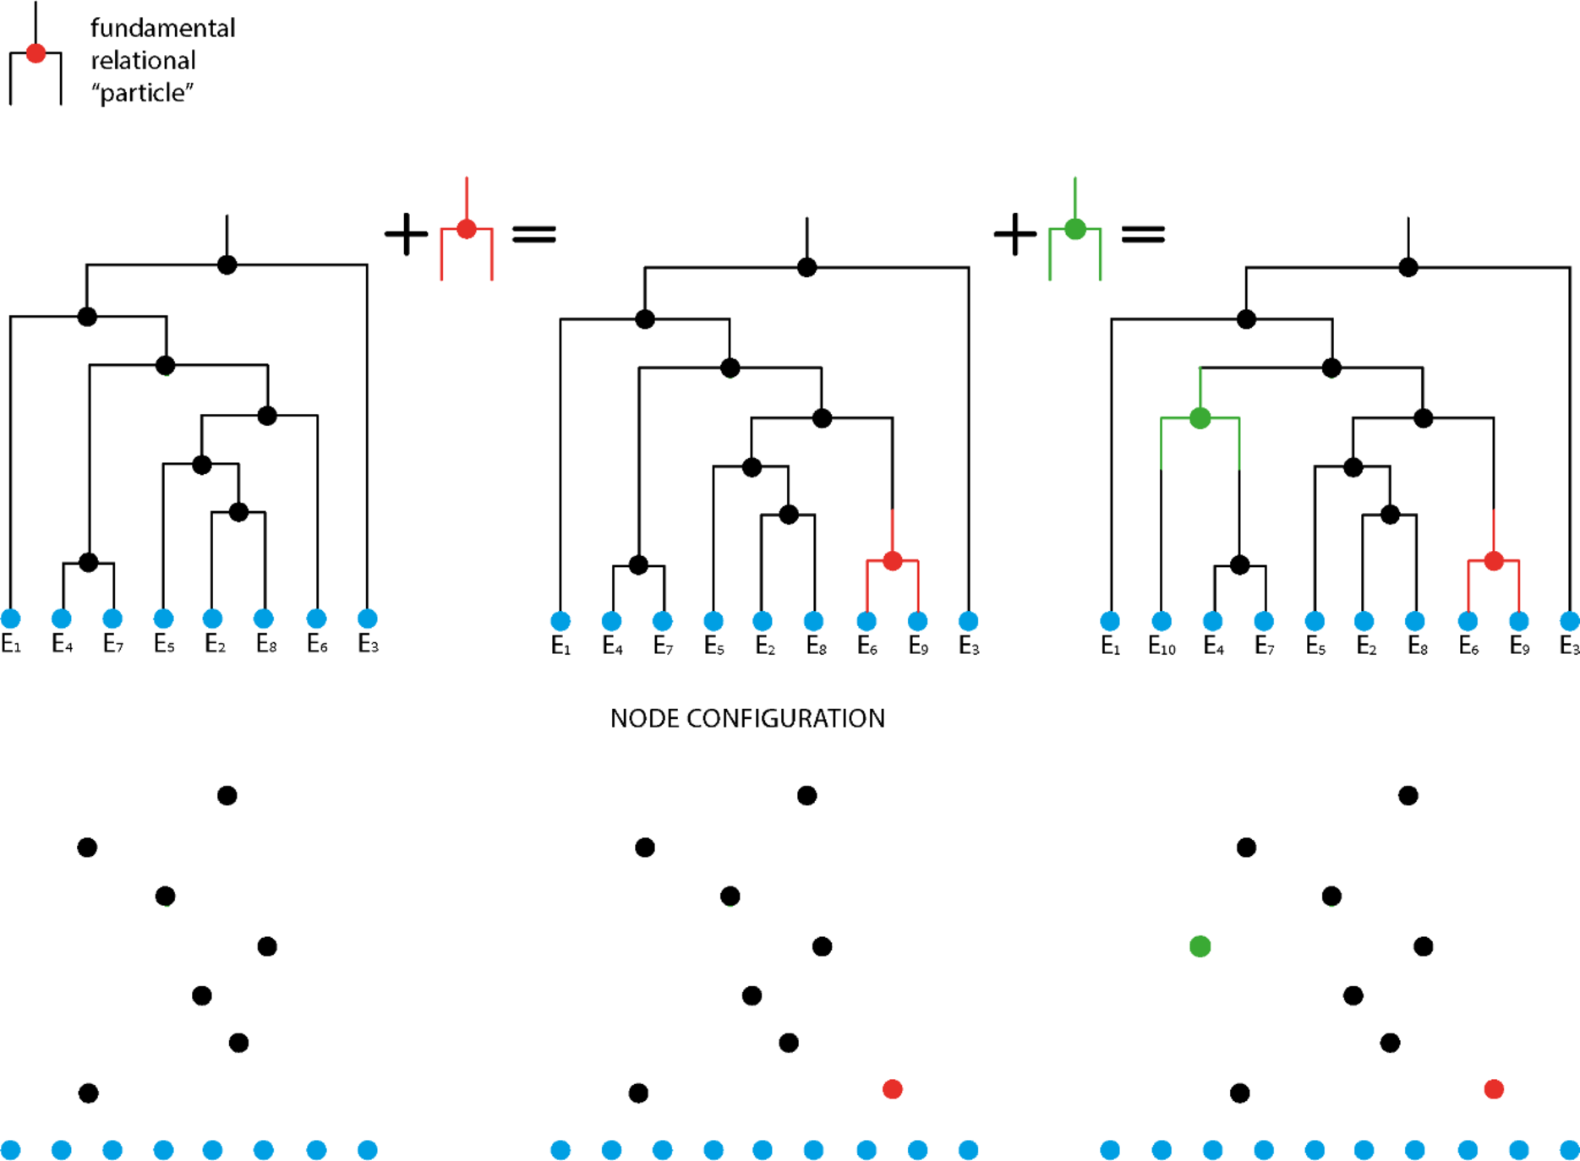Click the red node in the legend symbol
click(x=36, y=53)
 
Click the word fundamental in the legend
click(x=162, y=29)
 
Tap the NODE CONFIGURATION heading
click(x=747, y=718)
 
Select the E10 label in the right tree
click(x=1162, y=647)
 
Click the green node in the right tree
click(x=1200, y=418)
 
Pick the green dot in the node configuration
click(x=1200, y=946)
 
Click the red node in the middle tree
click(x=892, y=560)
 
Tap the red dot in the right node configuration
click(x=1494, y=1089)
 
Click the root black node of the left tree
click(x=227, y=265)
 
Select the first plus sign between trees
click(x=406, y=234)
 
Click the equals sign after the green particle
click(x=1143, y=234)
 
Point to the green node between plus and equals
click(x=1074, y=229)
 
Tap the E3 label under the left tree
click(x=368, y=645)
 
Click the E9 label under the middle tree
click(x=918, y=647)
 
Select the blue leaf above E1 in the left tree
click(x=11, y=619)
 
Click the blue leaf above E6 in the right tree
click(x=1468, y=621)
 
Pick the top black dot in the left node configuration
click(x=227, y=795)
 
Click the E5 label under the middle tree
click(x=714, y=647)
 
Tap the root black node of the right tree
click(x=1408, y=268)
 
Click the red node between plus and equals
click(x=467, y=229)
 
